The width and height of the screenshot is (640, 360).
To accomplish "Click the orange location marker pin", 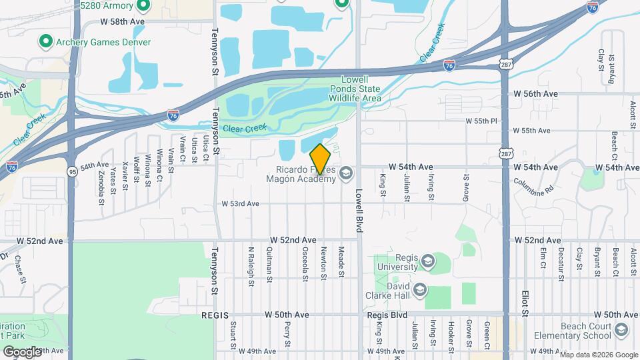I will [x=321, y=159].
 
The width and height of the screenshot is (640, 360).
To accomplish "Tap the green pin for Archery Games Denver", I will [x=45, y=42].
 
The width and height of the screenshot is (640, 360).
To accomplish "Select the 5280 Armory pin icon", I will [x=143, y=6].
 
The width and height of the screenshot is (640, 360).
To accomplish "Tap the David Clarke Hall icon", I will [x=420, y=289].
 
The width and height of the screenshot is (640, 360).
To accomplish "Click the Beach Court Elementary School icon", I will [x=621, y=330].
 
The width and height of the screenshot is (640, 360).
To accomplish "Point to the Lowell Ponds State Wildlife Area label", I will [x=355, y=89].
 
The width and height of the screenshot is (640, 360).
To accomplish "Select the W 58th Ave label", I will [x=123, y=22].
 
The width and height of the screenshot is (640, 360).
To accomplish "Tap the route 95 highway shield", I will [x=71, y=172].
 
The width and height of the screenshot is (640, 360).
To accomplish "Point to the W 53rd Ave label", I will [x=240, y=204].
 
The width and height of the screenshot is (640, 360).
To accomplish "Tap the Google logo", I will [x=22, y=351].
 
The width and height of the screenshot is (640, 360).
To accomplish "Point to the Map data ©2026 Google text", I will [x=598, y=355].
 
